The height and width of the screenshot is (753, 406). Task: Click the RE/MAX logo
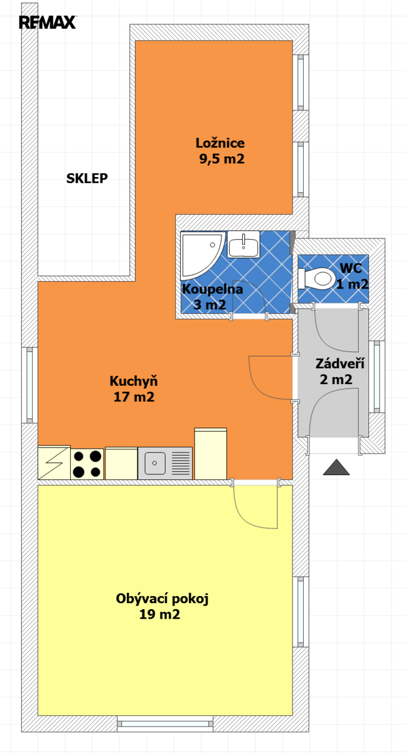click(48, 23)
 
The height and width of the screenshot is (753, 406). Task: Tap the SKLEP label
click(87, 178)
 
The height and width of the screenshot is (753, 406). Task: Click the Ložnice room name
click(220, 143)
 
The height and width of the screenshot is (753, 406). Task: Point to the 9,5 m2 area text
click(222, 159)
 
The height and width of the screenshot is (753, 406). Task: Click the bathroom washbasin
click(243, 244)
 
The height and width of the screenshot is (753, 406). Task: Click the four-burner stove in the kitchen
click(87, 464)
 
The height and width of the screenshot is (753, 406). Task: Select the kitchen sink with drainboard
click(165, 463)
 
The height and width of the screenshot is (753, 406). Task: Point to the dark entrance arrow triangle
click(336, 467)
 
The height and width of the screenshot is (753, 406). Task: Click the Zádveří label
click(339, 363)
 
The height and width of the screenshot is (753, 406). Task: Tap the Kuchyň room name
click(134, 381)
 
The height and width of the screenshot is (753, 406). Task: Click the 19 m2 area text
click(159, 614)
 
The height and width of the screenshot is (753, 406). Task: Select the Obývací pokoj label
click(163, 599)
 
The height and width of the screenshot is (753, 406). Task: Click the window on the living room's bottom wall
click(165, 724)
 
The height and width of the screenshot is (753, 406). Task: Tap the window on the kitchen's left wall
click(29, 385)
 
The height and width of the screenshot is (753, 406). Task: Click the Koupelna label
click(212, 289)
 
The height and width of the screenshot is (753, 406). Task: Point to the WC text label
click(351, 269)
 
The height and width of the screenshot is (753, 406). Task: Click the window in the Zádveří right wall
click(377, 376)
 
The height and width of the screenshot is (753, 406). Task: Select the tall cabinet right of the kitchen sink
click(211, 454)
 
